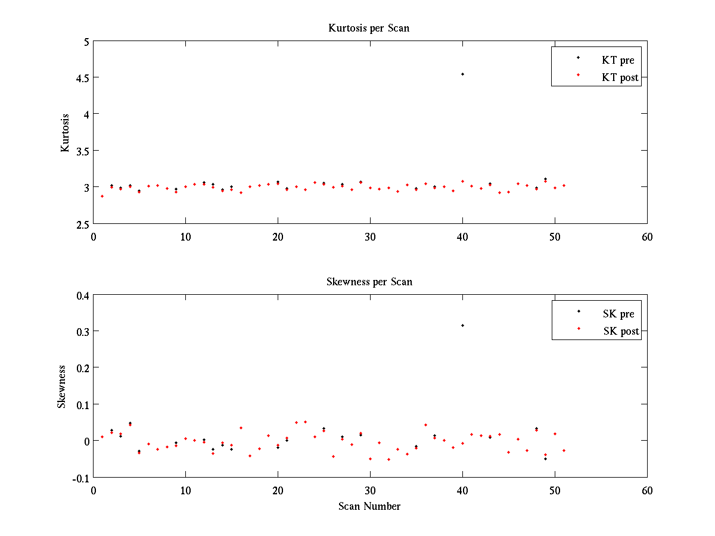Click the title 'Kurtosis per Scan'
(369, 28)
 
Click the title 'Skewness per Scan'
(369, 282)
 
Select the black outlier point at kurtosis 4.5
(462, 74)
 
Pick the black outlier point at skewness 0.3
(462, 325)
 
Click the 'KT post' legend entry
(620, 77)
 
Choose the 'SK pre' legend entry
(618, 314)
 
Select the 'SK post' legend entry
(621, 331)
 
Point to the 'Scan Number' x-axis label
(369, 506)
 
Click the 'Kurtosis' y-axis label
(65, 133)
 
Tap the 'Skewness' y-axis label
(62, 386)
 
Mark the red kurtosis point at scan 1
(102, 196)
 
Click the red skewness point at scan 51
(564, 450)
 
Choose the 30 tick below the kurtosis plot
(370, 236)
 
